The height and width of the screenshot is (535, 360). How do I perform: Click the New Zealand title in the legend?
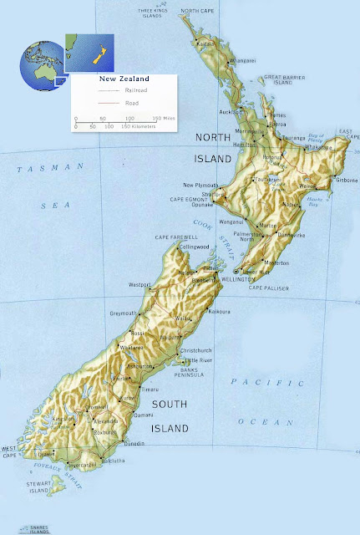click(x=119, y=79)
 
